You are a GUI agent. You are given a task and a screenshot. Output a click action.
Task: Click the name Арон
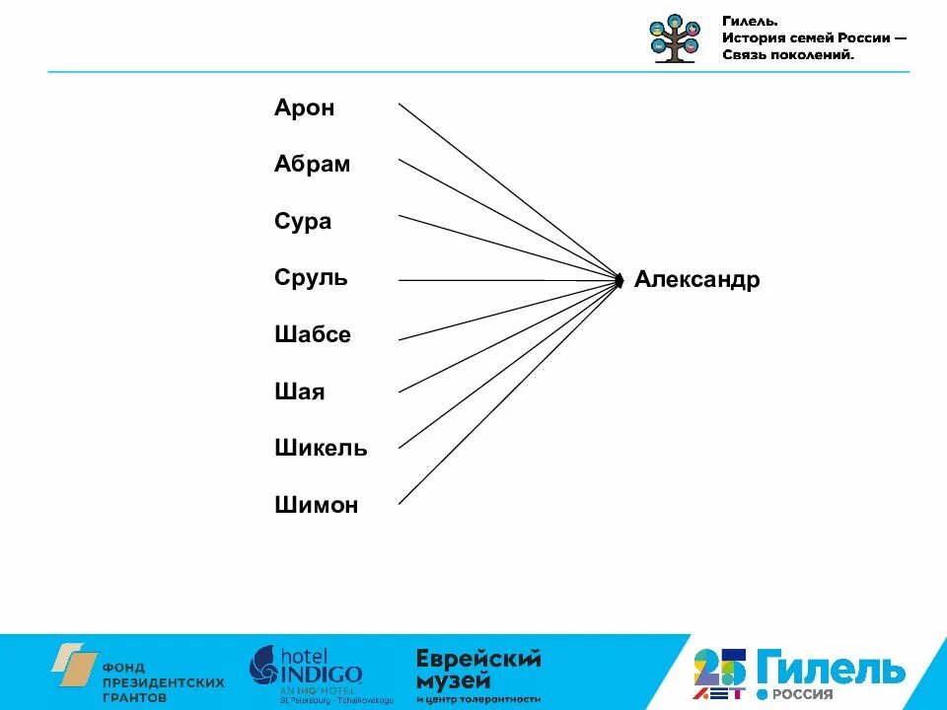(x=304, y=108)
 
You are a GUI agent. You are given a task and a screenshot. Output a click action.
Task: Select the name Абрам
(x=312, y=165)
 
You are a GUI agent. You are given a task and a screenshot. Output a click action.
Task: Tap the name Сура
(x=303, y=222)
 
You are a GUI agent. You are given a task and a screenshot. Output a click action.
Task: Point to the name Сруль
(x=311, y=278)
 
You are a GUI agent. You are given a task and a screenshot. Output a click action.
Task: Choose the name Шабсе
(x=313, y=335)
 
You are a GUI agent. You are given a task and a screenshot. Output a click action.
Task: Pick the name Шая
(x=299, y=392)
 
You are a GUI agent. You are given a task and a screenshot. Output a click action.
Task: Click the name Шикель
(x=321, y=449)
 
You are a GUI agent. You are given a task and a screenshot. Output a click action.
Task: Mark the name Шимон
(x=316, y=506)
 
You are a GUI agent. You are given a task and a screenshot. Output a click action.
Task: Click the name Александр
(x=696, y=280)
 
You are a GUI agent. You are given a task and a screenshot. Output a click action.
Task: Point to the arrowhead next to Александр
(x=619, y=281)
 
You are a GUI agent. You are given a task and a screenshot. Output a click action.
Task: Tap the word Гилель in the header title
(x=749, y=21)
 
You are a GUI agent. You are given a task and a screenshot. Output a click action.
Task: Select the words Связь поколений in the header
(x=787, y=55)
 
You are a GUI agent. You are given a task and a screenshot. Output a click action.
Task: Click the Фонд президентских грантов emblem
(x=75, y=666)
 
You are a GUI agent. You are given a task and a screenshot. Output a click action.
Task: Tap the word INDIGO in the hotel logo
(x=324, y=674)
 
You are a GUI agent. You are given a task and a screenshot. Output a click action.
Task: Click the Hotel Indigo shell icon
(x=264, y=666)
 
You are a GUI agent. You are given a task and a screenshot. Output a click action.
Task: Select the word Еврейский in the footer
(x=478, y=659)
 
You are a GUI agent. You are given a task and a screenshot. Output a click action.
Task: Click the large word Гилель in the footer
(x=830, y=669)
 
